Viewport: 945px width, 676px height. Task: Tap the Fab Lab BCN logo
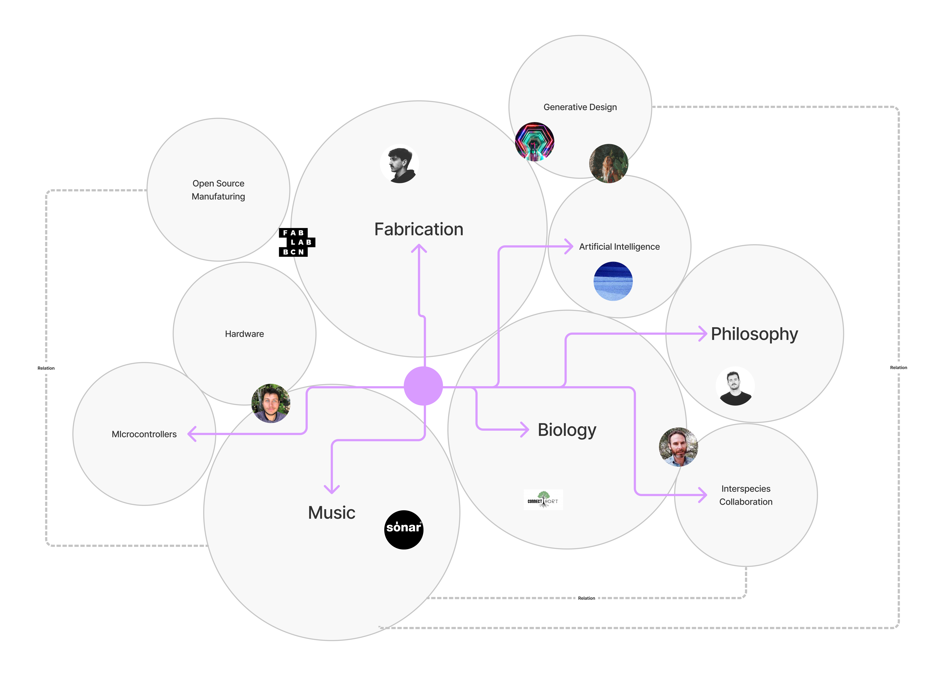[x=296, y=242]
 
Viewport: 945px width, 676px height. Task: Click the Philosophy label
[x=754, y=334]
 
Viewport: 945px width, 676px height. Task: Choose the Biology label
[x=567, y=430]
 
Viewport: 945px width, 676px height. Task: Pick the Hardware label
[x=244, y=334]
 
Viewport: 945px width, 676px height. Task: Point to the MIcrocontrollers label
[x=144, y=434]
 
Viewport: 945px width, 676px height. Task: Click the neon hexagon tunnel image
[x=534, y=141]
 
